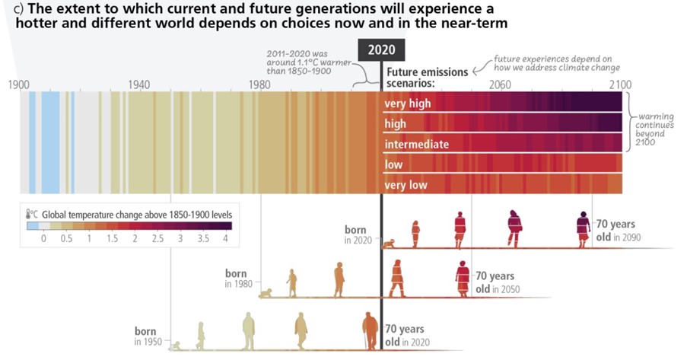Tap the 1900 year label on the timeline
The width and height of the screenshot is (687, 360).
tap(19, 83)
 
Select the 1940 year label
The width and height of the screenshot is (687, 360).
tap(139, 83)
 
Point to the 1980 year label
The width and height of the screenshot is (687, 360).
tap(260, 83)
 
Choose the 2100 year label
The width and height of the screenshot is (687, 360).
tap(620, 83)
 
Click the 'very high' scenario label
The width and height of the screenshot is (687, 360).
tap(407, 104)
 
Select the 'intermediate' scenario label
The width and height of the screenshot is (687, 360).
tap(416, 144)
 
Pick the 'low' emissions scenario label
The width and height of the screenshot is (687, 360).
tap(393, 164)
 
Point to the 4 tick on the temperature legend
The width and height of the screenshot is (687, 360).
tap(225, 238)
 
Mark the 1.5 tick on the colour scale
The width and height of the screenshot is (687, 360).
tap(112, 238)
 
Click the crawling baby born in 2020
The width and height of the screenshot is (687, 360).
tap(390, 244)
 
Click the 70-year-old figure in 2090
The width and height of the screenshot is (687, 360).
tap(584, 228)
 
